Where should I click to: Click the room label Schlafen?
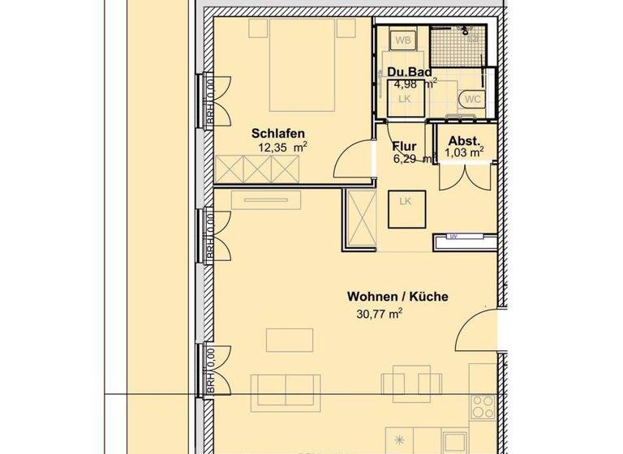pyautogui.click(x=278, y=134)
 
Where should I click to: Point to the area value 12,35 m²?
pyautogui.click(x=281, y=148)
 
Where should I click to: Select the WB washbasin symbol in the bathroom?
pyautogui.click(x=402, y=39)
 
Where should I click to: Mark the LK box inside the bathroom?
pyautogui.click(x=405, y=99)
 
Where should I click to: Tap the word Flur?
pyautogui.click(x=404, y=147)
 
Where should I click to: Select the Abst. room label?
pyautogui.click(x=464, y=139)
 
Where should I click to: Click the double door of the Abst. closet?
pyautogui.click(x=465, y=174)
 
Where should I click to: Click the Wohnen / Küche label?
pyautogui.click(x=397, y=298)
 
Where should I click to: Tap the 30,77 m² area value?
pyautogui.click(x=379, y=314)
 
